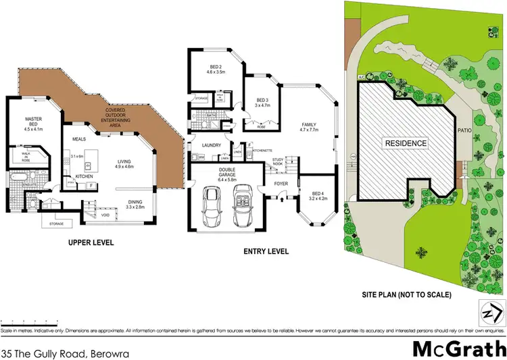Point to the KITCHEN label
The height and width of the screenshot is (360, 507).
84,176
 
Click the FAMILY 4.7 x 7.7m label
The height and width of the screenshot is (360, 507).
309,128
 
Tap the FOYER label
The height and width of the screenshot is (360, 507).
281,183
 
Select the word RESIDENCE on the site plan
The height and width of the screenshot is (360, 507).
406,143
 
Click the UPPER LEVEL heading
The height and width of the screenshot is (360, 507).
91,242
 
